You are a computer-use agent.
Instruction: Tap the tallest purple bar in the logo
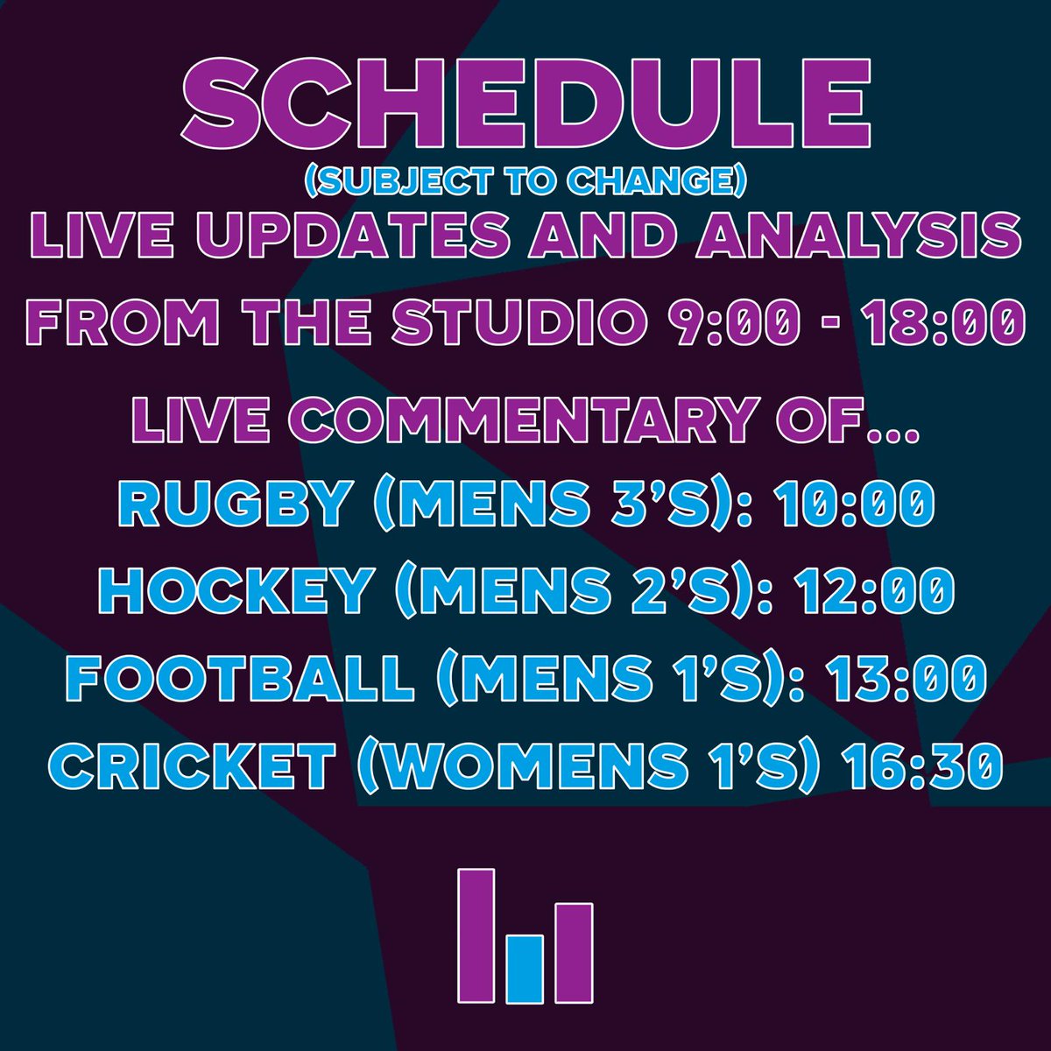(476, 935)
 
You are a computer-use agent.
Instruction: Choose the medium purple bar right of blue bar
(575, 953)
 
